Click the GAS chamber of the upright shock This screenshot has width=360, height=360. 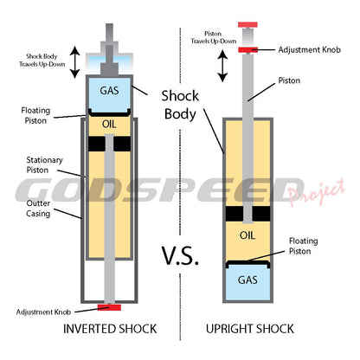pos(247,279)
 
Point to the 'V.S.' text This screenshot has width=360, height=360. pos(181,256)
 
